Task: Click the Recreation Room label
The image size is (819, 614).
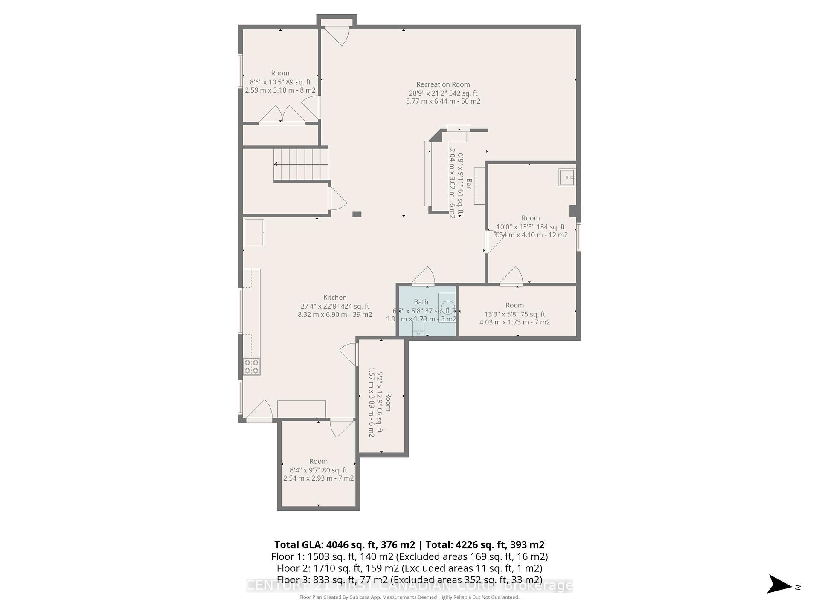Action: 443,84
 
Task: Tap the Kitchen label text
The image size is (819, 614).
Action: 335,298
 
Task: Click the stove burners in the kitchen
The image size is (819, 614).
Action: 252,367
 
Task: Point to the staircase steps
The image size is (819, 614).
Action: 301,164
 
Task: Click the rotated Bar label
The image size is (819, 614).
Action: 468,184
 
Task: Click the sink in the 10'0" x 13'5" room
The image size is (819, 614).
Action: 567,177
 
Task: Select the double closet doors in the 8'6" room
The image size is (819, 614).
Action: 282,115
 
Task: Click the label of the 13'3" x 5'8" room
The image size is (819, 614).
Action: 514,305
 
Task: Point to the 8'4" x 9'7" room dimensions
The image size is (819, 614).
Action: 318,470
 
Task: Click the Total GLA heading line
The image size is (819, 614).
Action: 409,544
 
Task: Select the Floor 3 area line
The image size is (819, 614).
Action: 409,579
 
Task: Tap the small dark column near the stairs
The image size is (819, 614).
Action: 357,214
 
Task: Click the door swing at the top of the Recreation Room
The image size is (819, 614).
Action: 338,36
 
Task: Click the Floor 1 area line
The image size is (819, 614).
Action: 409,556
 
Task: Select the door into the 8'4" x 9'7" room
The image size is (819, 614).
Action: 341,428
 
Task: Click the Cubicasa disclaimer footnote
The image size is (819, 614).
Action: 409,597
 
